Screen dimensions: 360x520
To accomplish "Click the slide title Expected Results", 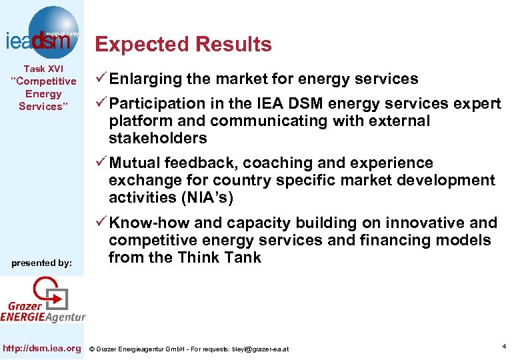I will click(x=183, y=45).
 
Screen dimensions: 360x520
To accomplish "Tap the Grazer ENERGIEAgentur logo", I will click(x=44, y=301).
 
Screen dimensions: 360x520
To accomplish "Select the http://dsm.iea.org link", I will click(x=43, y=348).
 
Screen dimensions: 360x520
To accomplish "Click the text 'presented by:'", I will click(x=42, y=263).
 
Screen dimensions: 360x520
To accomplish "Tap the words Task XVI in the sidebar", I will click(x=43, y=69).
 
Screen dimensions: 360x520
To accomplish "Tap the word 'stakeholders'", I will click(x=158, y=139).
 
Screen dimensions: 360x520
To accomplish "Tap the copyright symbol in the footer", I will click(x=93, y=349).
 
